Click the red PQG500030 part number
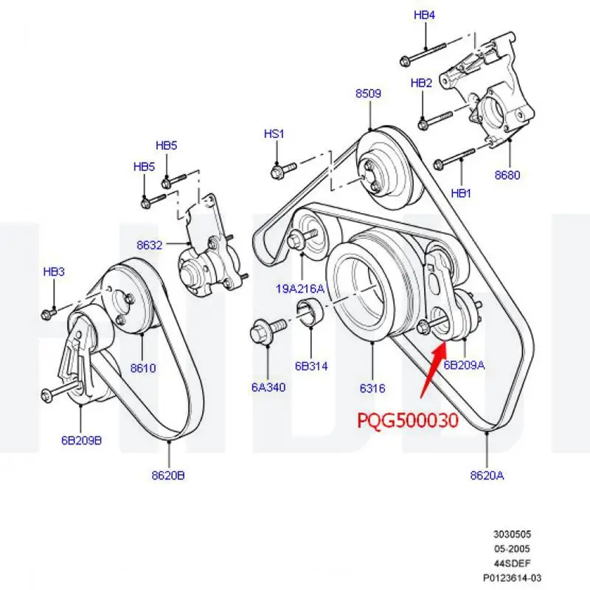click(x=408, y=421)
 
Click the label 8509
click(x=368, y=94)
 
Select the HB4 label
click(x=424, y=15)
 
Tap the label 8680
click(x=507, y=176)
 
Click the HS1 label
click(x=274, y=133)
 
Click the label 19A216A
click(x=299, y=289)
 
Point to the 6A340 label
click(x=268, y=387)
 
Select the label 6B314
click(x=311, y=366)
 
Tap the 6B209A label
click(x=464, y=364)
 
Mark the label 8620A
click(x=487, y=476)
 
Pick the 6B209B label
click(x=81, y=441)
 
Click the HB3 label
click(x=54, y=272)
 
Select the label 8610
click(x=143, y=368)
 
